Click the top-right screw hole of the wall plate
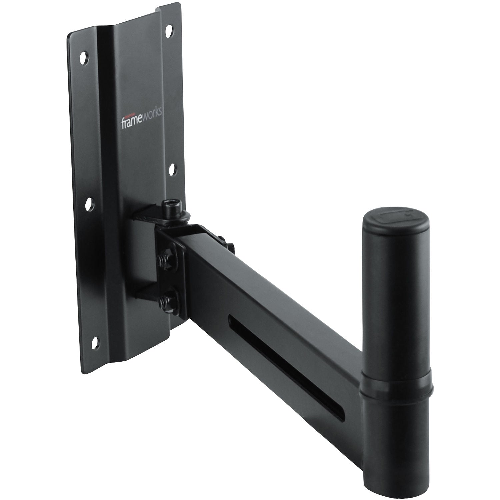click(x=169, y=30)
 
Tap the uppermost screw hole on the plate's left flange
click(x=84, y=58)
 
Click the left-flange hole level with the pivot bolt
click(x=89, y=204)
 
